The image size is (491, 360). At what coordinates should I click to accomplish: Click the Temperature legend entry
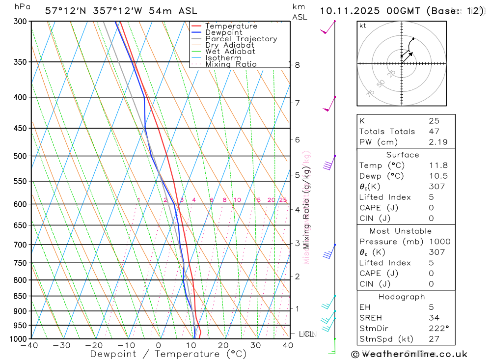(x=231, y=26)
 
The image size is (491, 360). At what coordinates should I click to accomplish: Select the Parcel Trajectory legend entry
(x=241, y=39)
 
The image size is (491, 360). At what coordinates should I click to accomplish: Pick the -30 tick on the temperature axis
(x=62, y=345)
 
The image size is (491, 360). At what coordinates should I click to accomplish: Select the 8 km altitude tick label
(x=297, y=65)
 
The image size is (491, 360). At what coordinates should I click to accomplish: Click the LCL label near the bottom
(x=306, y=334)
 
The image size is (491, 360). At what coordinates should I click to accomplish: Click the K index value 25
(x=434, y=121)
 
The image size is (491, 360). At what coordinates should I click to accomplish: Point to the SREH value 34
(x=434, y=318)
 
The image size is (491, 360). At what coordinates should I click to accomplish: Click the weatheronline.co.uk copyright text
(x=409, y=354)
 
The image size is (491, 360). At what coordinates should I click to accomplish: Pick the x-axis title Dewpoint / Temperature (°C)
(x=168, y=354)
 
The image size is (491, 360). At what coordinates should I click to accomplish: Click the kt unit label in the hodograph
(x=362, y=26)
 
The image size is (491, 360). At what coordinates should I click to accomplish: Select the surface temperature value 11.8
(x=438, y=166)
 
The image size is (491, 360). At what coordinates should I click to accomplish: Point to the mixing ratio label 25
(x=283, y=200)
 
